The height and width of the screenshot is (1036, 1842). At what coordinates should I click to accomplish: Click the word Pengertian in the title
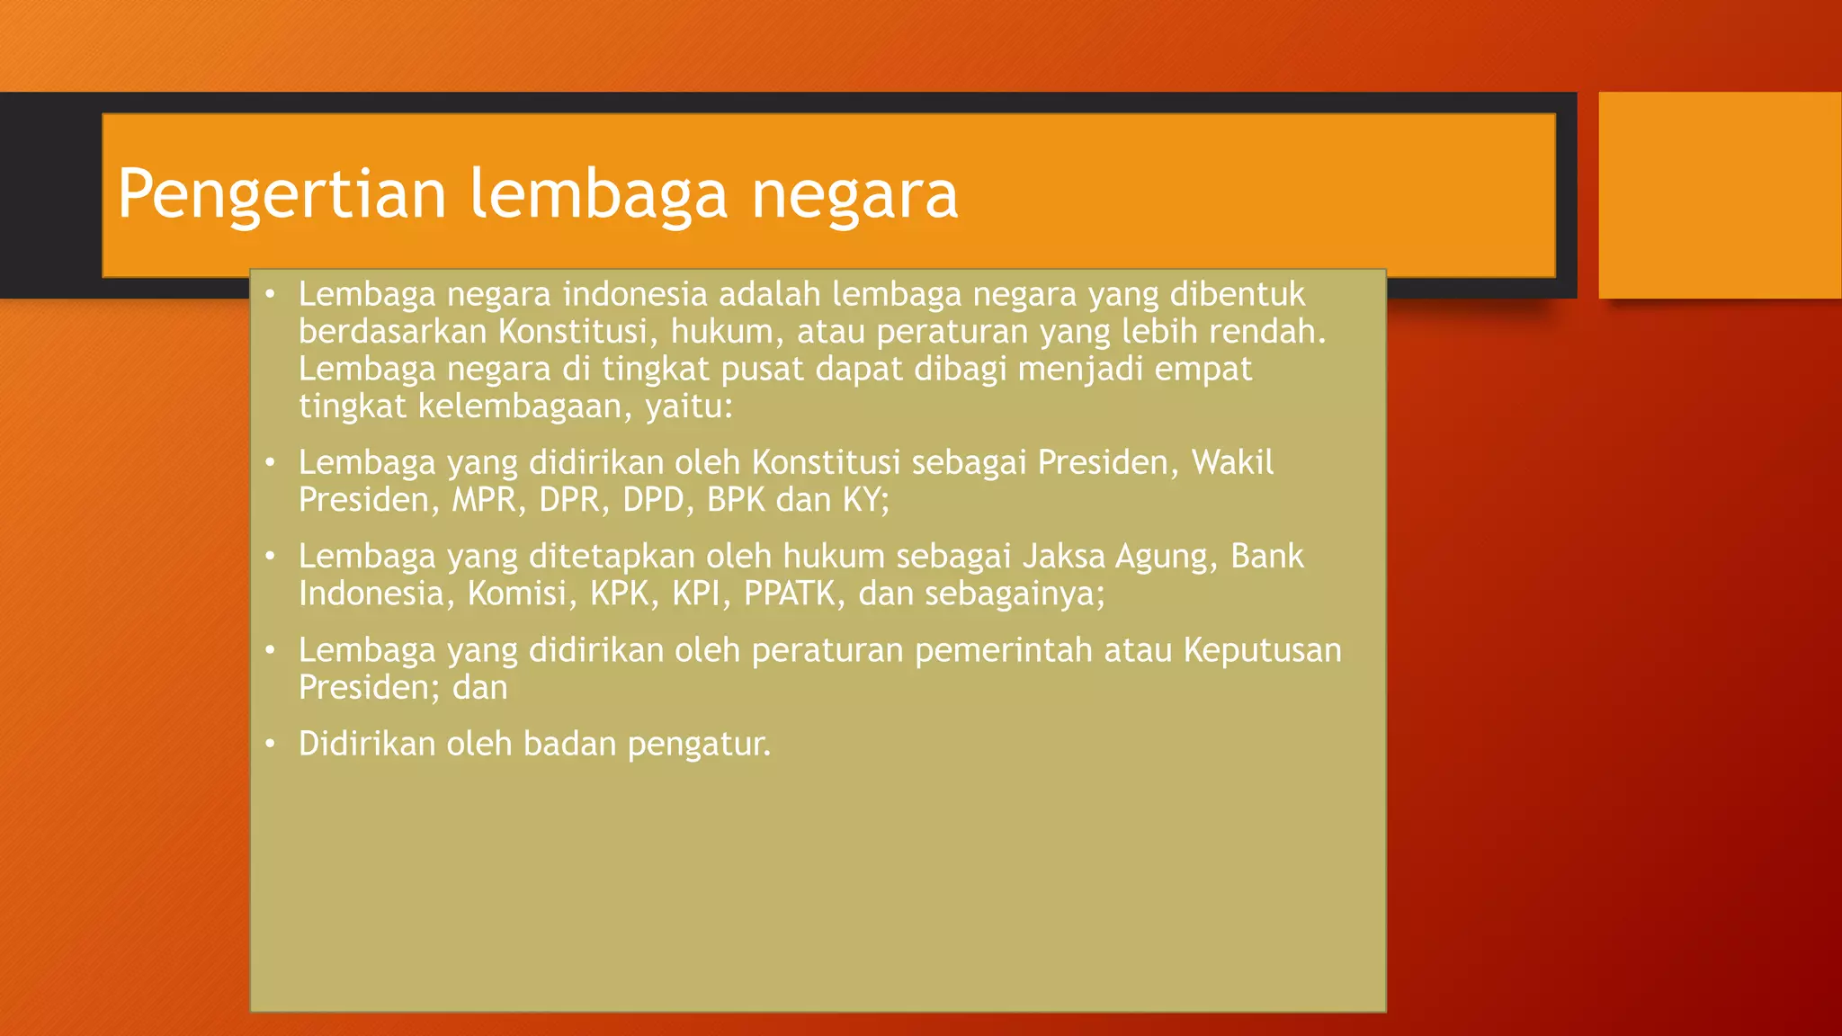[x=282, y=194]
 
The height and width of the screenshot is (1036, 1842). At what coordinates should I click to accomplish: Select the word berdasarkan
[x=392, y=332]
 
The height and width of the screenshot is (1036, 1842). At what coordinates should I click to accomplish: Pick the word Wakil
[x=1232, y=462]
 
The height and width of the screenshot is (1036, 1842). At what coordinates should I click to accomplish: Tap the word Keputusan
[x=1262, y=650]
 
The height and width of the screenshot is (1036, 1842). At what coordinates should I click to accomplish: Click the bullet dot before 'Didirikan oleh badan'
[x=270, y=745]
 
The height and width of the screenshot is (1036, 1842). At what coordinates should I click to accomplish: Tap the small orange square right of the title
[x=1719, y=195]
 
